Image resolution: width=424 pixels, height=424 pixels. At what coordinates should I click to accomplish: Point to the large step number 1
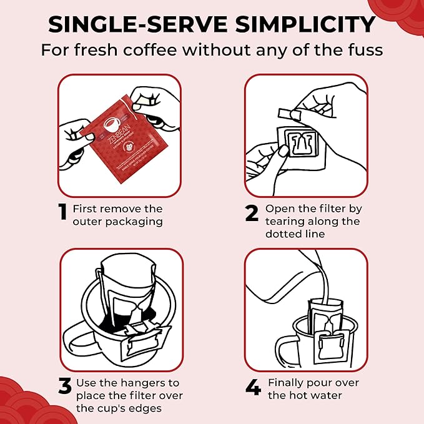(x=62, y=214)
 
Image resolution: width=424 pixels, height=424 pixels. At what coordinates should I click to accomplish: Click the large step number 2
(x=251, y=214)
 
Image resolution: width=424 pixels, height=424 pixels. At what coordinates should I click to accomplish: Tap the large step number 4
(x=252, y=387)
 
